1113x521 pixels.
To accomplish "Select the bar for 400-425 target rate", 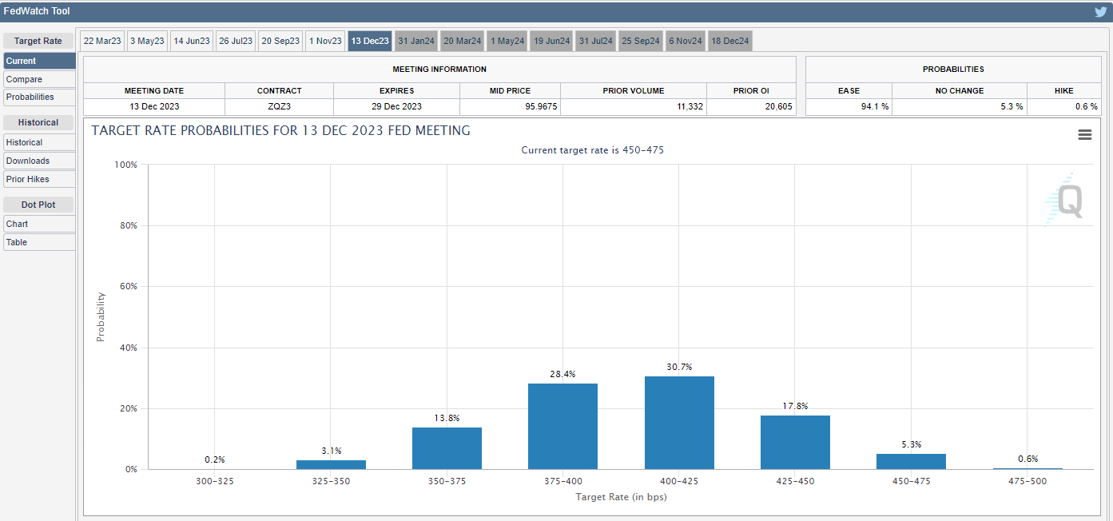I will [679, 423].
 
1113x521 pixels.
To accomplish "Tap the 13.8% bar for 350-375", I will [447, 448].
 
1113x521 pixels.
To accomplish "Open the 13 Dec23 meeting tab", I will [369, 41].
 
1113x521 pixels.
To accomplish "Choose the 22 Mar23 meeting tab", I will [101, 41].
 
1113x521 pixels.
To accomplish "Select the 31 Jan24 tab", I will [415, 41].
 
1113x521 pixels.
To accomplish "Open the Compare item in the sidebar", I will [25, 79].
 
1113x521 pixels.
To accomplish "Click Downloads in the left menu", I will [28, 161].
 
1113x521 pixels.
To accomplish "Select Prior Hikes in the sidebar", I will [28, 179].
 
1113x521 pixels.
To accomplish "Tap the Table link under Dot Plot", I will [17, 242].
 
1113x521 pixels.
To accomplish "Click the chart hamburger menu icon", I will [1084, 135].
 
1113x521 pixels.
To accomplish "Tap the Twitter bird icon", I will [1100, 12].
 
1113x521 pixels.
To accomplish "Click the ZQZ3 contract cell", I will [279, 106].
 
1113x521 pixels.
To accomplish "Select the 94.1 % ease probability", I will [875, 106].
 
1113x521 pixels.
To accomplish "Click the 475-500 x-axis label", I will [1027, 481].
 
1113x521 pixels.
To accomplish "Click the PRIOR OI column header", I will [751, 91].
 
